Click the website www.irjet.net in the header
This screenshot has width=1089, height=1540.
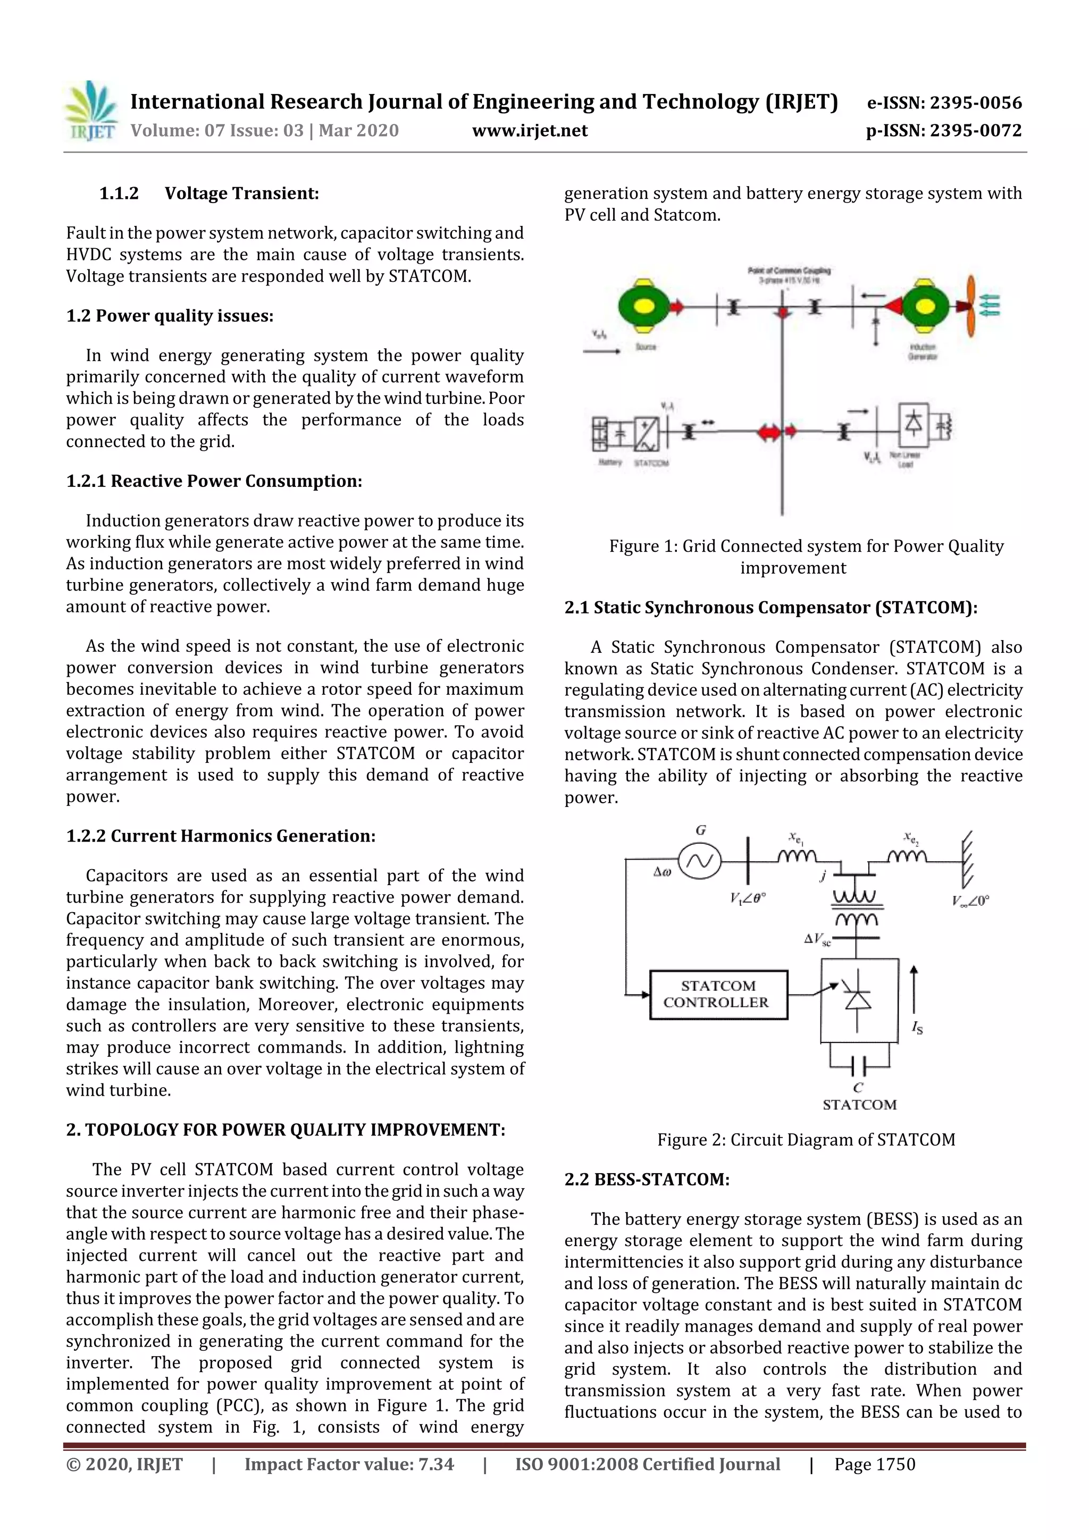point(530,131)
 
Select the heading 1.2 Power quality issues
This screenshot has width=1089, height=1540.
point(170,316)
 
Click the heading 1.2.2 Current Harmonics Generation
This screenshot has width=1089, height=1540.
point(221,836)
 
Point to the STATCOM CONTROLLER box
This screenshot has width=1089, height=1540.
point(718,995)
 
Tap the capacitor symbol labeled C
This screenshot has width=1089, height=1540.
point(859,1066)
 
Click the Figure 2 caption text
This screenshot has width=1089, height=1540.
point(805,1140)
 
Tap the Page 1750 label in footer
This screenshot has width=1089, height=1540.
point(874,1464)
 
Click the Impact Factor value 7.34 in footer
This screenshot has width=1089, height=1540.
point(349,1464)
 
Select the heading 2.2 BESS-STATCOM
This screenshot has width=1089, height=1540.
point(646,1180)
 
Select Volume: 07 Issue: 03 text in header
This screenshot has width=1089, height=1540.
point(264,131)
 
